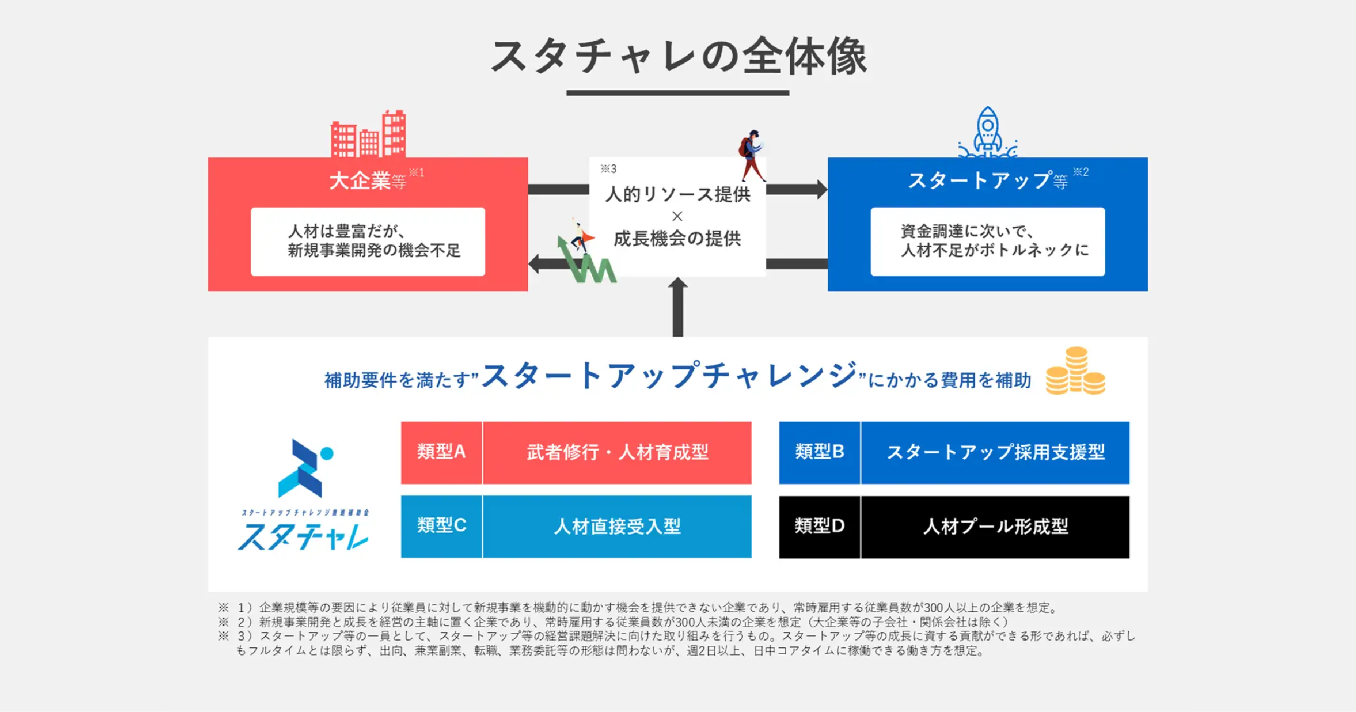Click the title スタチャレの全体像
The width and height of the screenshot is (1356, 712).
click(678, 57)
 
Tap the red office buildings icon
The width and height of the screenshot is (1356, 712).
click(368, 134)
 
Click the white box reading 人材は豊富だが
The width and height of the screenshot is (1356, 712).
click(368, 241)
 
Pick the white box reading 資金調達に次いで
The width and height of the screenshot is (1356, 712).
click(987, 241)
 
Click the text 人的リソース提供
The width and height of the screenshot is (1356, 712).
click(677, 194)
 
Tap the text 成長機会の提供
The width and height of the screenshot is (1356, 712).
click(677, 239)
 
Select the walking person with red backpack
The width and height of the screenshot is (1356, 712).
click(752, 155)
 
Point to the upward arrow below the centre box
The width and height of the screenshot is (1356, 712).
click(677, 306)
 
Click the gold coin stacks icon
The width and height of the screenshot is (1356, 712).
click(1075, 371)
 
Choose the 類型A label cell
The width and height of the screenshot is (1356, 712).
click(442, 452)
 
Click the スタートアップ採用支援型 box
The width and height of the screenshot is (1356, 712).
click(995, 452)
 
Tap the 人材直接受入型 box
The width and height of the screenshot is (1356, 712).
click(617, 526)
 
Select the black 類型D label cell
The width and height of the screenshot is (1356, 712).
click(819, 526)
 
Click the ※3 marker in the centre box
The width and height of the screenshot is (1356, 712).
click(609, 169)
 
